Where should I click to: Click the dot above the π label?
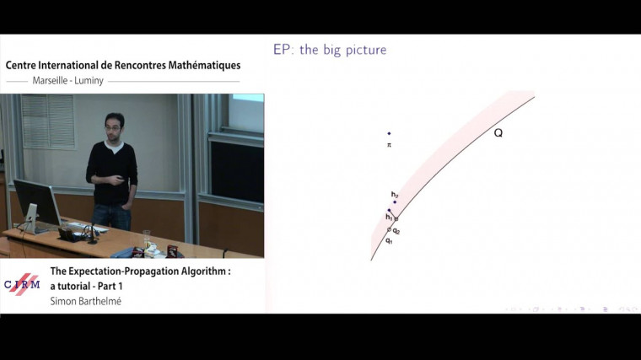pos(389,133)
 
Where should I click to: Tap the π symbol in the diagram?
pos(389,145)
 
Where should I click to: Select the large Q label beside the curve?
pos(498,133)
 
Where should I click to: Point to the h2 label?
pos(394,195)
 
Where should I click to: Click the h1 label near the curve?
pos(389,217)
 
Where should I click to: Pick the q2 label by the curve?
pos(396,230)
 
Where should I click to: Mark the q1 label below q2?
pos(389,242)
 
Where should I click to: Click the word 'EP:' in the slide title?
pos(283,50)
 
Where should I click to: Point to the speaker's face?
pos(111,126)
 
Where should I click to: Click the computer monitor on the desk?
pos(36,201)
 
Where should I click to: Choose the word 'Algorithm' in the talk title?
pos(198,271)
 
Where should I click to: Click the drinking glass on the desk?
pos(147,239)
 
